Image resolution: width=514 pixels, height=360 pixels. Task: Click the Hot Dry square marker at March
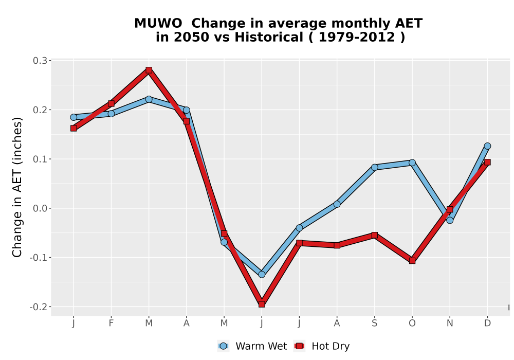(x=149, y=70)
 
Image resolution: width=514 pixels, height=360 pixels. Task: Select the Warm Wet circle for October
(x=412, y=163)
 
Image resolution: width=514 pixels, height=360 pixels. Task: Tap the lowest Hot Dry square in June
(x=262, y=304)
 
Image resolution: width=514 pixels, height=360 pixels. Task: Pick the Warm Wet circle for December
(x=487, y=146)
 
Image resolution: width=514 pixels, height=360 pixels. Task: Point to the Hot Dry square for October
(x=412, y=261)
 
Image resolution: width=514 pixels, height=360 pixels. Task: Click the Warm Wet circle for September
(x=374, y=167)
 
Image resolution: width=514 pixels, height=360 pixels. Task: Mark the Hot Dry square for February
(x=111, y=103)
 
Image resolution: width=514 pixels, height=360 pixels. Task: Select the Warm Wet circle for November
(x=450, y=220)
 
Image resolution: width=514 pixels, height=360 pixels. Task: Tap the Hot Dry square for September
(x=374, y=235)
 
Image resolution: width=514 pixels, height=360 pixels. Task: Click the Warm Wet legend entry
(x=252, y=346)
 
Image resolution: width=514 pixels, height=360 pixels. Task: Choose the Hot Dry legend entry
(x=322, y=346)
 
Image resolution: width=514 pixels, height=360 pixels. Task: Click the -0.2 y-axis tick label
(x=39, y=307)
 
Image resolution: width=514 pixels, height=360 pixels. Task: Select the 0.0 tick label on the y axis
(x=40, y=208)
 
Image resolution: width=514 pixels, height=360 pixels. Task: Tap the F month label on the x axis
(x=111, y=323)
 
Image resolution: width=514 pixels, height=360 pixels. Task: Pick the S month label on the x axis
(x=374, y=323)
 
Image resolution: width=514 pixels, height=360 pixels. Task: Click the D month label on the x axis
(x=487, y=323)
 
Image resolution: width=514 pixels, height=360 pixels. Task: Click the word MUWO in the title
(x=158, y=23)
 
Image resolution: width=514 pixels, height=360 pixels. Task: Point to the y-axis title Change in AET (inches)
(x=17, y=187)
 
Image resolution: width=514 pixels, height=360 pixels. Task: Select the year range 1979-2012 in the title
(x=357, y=37)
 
